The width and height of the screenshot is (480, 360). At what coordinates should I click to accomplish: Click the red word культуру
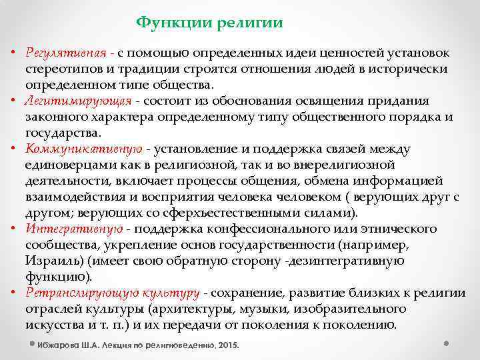170,293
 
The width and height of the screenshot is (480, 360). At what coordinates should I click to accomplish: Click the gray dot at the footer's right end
445,343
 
